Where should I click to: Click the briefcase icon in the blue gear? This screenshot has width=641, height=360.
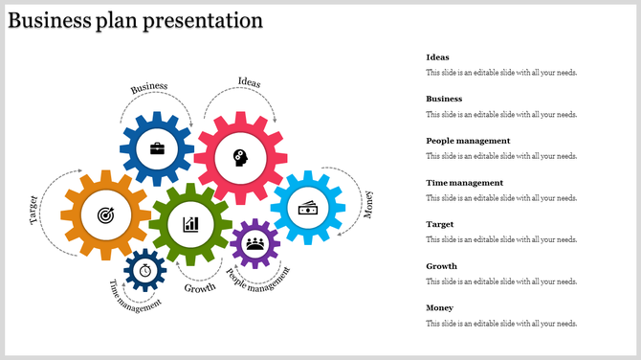point(156,150)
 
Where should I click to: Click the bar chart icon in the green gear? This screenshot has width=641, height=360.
point(191,224)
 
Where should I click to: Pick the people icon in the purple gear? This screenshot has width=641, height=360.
point(254,244)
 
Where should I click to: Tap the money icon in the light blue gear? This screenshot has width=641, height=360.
point(308,208)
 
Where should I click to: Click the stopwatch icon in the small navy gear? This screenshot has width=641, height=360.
point(144,271)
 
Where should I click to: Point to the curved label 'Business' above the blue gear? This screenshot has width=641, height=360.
point(149,87)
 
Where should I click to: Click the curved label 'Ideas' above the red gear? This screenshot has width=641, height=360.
point(249,81)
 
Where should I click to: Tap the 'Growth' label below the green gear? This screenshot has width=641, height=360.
point(200,287)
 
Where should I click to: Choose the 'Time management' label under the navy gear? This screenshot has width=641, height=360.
point(134,298)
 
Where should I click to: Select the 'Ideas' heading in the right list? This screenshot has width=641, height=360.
point(437,57)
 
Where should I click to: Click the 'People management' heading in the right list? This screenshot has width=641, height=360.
point(468,141)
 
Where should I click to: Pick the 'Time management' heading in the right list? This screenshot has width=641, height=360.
point(463,182)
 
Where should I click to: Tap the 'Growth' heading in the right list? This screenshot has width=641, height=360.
point(441,266)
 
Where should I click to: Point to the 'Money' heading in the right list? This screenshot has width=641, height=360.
point(440,307)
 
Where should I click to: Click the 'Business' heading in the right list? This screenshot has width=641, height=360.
point(444,99)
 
